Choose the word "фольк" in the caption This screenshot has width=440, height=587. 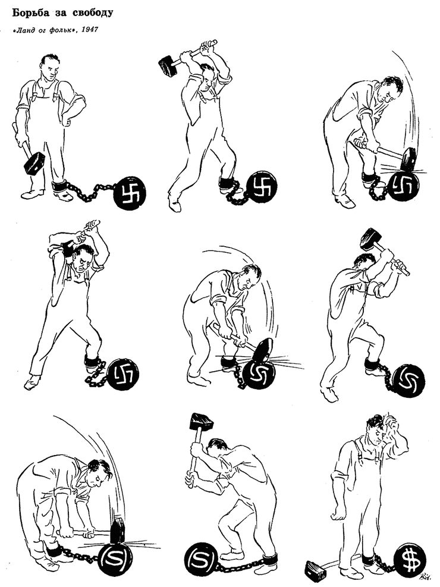63,30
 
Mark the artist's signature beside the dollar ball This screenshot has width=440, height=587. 425,577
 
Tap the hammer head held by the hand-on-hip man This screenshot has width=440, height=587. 34,164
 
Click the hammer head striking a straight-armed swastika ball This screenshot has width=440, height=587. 408,160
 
